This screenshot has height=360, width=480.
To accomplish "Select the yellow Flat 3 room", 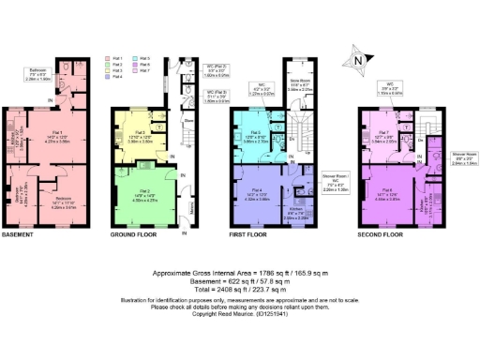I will (x=136, y=137).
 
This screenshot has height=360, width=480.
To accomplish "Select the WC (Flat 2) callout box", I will (x=217, y=68).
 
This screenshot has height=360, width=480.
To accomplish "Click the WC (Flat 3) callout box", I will (x=217, y=95).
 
